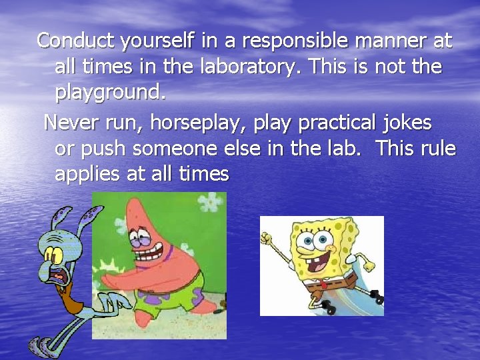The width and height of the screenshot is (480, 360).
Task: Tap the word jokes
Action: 408,123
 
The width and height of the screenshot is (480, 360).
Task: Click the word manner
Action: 387,41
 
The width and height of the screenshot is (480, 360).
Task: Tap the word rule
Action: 436,149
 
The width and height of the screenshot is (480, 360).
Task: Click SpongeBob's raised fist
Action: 269,239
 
